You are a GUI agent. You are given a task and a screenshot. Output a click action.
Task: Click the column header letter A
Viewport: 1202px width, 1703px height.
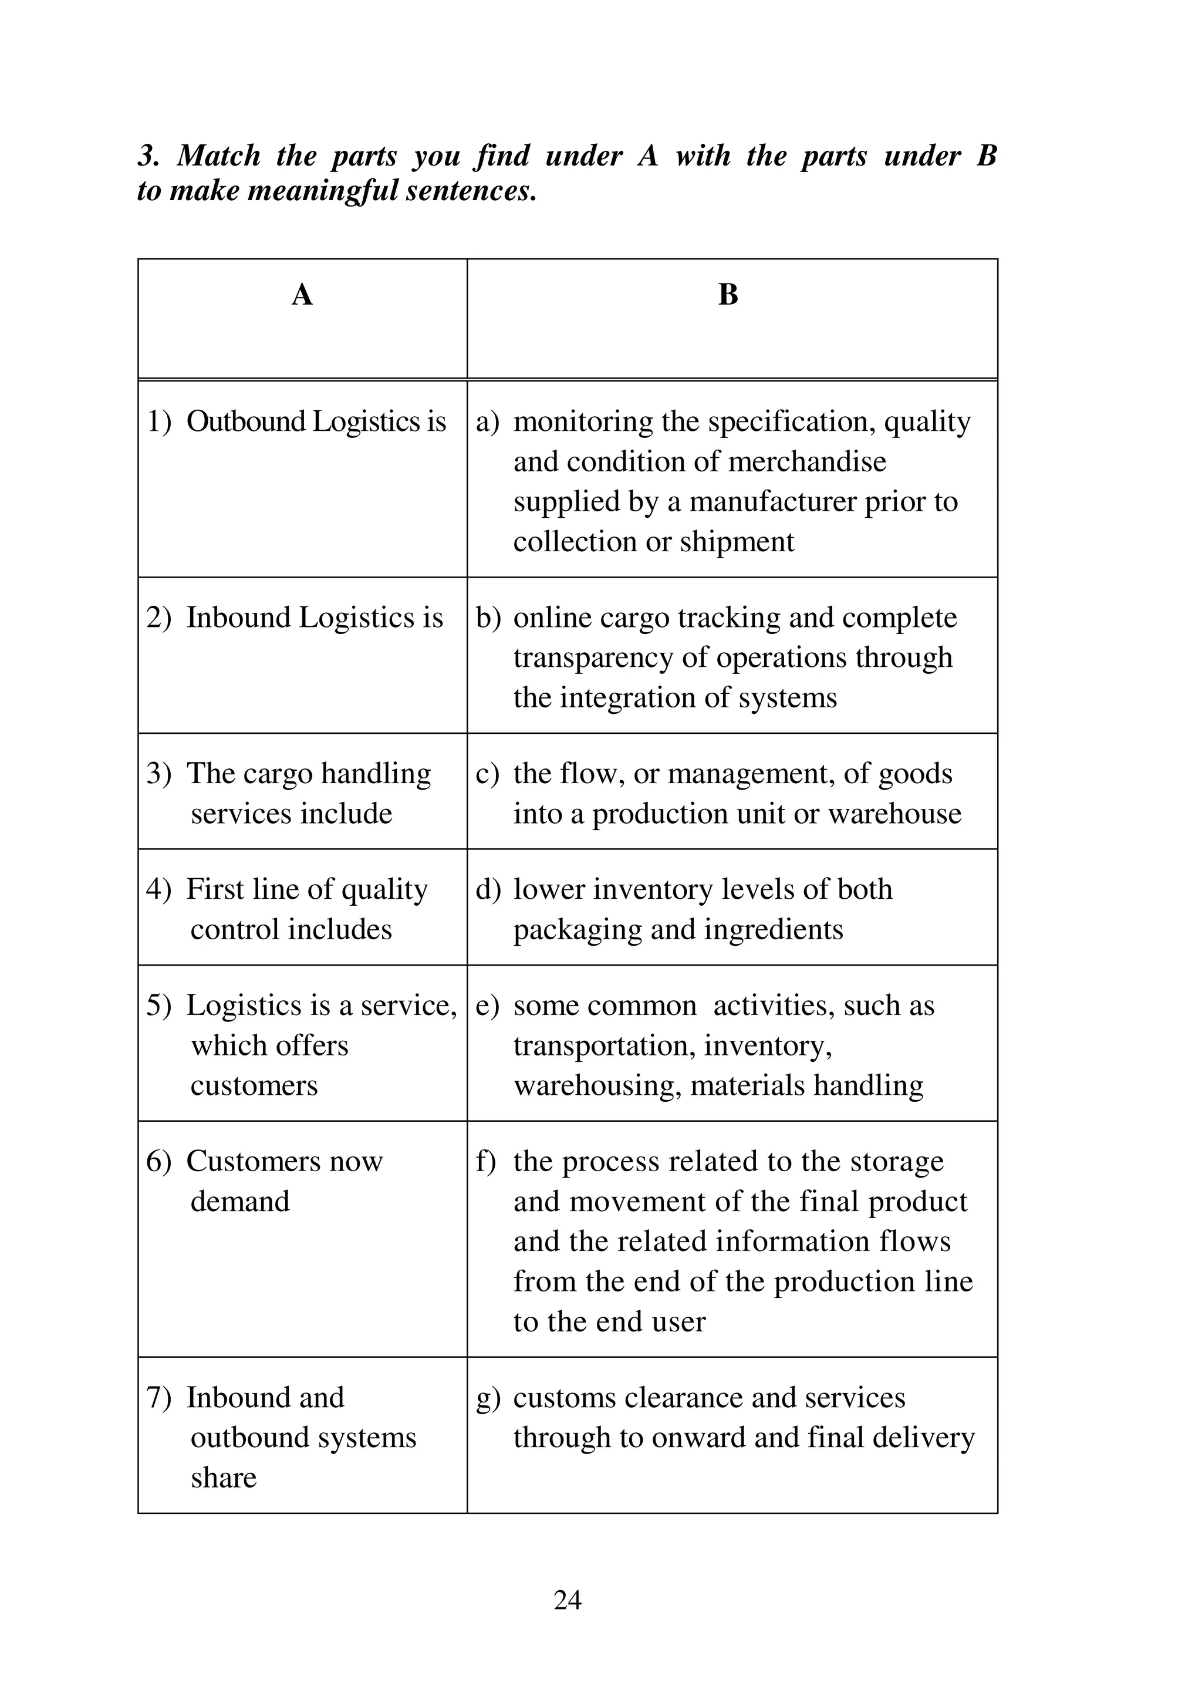pos(302,295)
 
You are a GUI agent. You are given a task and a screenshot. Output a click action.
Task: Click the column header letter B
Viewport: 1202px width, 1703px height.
pos(728,295)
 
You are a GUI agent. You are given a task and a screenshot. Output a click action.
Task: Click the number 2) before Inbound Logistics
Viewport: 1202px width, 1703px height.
pos(158,618)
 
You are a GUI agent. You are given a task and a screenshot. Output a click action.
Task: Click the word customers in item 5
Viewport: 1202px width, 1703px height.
pos(254,1085)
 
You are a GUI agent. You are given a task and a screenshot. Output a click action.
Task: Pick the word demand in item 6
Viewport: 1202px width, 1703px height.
pos(239,1201)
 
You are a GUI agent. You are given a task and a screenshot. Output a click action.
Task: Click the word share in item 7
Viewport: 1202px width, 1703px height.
pos(223,1477)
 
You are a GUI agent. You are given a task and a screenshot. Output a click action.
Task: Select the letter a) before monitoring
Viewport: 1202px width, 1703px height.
pos(487,422)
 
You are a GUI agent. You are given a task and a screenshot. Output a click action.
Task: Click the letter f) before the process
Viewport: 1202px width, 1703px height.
pos(486,1162)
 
